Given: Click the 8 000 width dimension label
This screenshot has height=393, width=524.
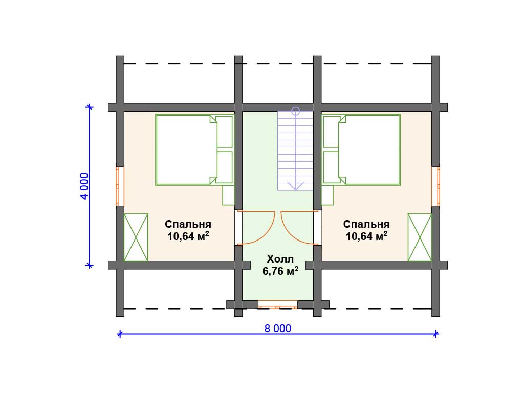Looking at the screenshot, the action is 278,329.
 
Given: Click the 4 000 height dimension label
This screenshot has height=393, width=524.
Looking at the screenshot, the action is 84,186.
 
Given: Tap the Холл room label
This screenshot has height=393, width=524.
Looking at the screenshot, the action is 280,259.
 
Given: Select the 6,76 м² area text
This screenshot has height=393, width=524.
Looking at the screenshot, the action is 280,271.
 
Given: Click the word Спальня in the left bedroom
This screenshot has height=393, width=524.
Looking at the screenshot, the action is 188,224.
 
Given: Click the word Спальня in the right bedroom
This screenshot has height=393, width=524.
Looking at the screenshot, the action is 366,224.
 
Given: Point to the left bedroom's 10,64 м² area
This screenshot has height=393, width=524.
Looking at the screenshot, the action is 188,236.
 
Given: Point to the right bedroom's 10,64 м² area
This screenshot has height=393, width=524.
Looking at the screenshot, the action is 366,236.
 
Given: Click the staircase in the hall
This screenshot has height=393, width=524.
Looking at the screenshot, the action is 295,151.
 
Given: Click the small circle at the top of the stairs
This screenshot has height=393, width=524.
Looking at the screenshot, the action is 295,111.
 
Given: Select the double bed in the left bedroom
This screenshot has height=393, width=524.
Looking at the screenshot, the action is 194,150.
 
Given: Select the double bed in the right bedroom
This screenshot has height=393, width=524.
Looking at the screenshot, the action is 361,150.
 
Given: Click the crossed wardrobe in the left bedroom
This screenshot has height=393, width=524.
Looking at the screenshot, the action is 136,237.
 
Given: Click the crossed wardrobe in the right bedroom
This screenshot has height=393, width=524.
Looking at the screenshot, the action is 420,237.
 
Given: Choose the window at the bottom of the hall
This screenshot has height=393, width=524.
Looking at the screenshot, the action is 278,304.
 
